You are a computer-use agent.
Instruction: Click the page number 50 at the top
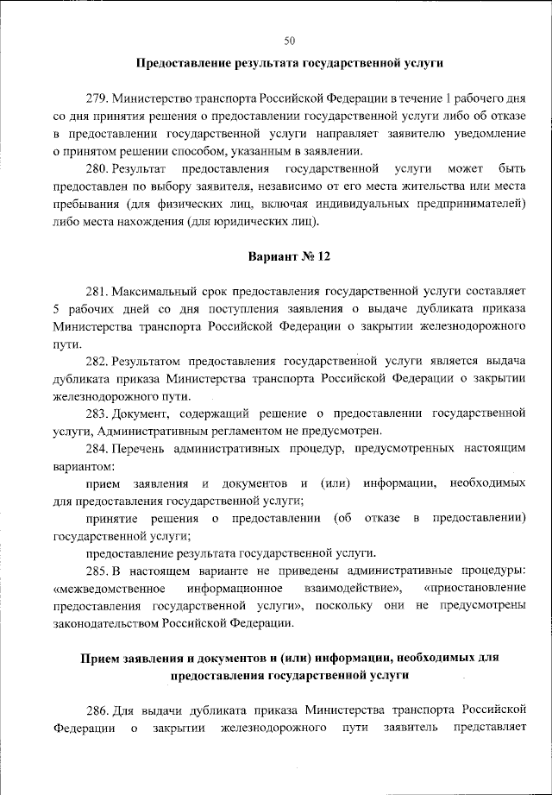[x=289, y=39]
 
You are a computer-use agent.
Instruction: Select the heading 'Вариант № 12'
[x=289, y=257]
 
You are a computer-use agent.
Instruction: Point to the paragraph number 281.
[x=97, y=293]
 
